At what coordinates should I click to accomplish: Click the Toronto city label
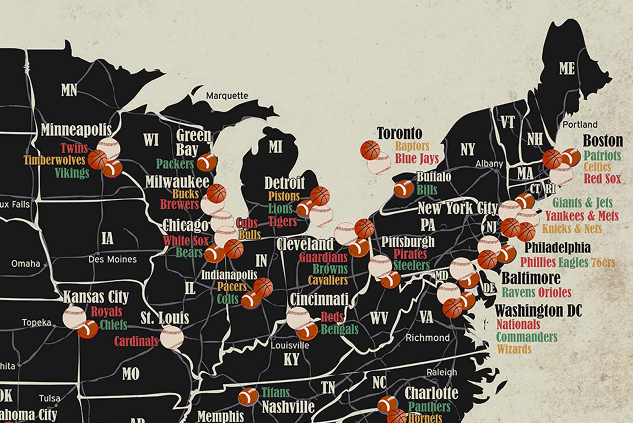pos(399,133)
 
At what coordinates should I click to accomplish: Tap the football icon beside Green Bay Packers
pos(207,162)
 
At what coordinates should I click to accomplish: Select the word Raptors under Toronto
pos(412,146)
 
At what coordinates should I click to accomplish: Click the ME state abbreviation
pos(567,68)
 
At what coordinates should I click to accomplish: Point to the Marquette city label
pos(227,96)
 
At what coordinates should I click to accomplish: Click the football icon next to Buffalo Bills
pos(404,188)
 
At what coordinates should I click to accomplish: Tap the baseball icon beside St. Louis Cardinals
pos(172,337)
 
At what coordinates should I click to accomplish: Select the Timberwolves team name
pos(54,160)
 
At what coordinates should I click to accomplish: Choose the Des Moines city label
pos(112,260)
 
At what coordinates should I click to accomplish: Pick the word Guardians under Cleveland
pos(323,257)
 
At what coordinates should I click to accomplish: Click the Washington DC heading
pos(538,311)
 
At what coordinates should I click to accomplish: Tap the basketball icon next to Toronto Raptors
pos(370,150)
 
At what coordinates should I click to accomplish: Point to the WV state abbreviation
pos(379,318)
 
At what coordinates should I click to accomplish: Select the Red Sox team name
pos(602,179)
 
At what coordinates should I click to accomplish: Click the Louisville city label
pos(290,345)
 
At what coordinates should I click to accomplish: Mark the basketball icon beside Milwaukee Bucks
pos(216,193)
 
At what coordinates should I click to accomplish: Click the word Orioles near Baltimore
pos(554,292)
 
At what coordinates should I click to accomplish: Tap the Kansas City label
pos(96,297)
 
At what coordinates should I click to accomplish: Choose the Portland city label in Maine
pos(580,125)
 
